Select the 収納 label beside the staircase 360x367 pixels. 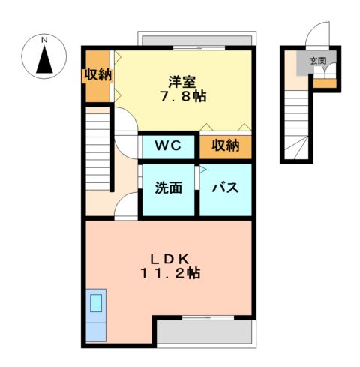pos(96,75)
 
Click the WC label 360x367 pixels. pos(168,146)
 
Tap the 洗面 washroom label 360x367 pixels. pos(169,188)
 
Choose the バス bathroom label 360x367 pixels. pos(225,188)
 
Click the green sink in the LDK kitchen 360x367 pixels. pos(97,305)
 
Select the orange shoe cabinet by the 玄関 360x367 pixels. pos(324,83)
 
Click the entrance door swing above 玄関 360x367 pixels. pos(319,35)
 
